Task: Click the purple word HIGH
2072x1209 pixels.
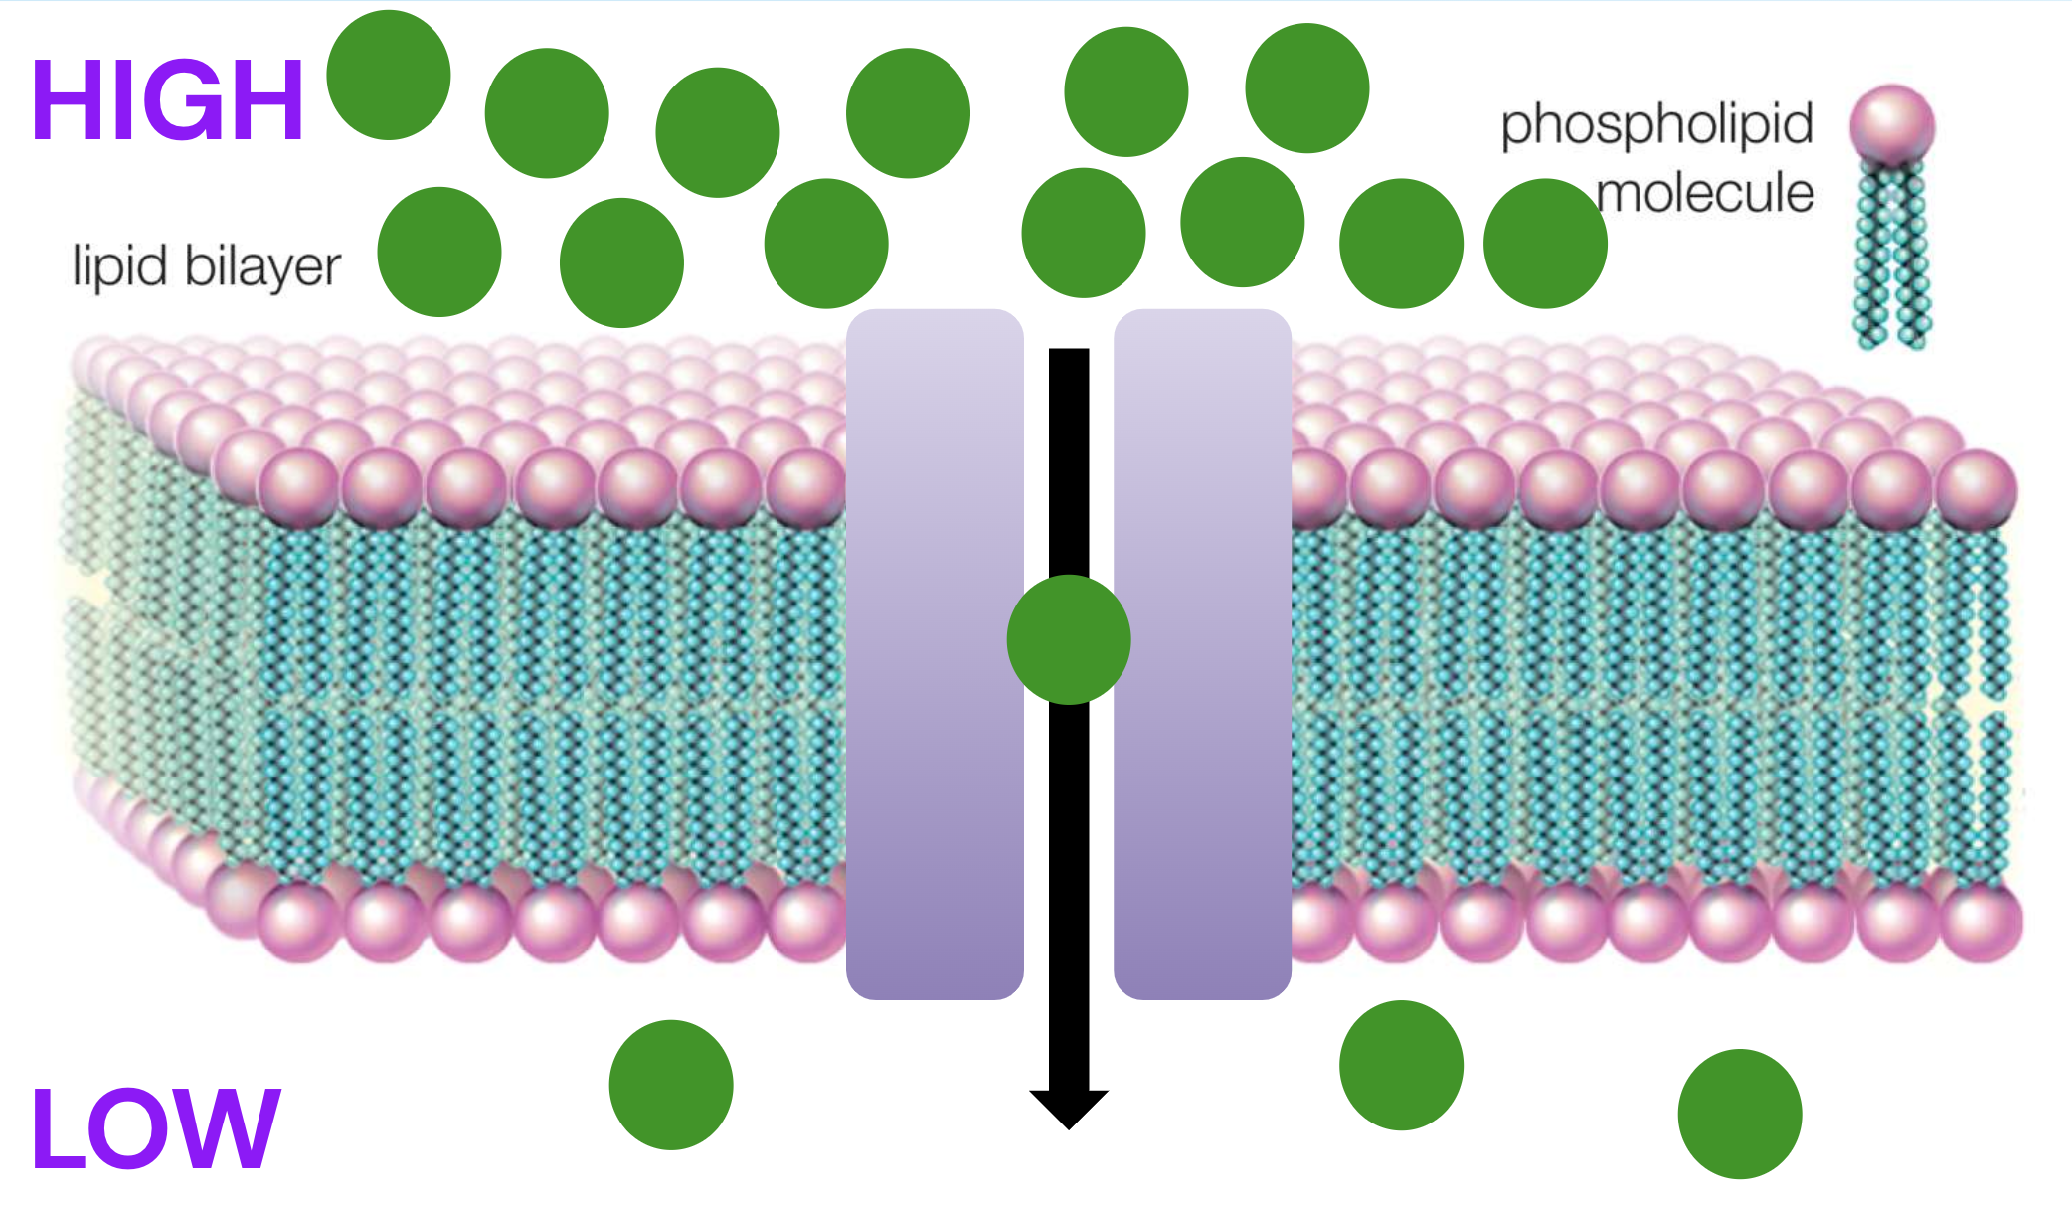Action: tap(167, 99)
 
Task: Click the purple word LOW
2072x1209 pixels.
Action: tap(156, 1127)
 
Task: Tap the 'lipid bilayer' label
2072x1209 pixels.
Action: tap(207, 266)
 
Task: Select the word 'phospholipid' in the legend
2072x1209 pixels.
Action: tap(1657, 126)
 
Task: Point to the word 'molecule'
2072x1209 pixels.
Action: tap(1705, 192)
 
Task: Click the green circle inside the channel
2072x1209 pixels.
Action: tap(1069, 639)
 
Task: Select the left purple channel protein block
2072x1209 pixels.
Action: tap(935, 654)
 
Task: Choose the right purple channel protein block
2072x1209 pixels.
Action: tap(1203, 654)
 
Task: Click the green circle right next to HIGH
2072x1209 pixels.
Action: tap(389, 75)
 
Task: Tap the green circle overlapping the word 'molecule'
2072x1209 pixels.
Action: tap(1545, 244)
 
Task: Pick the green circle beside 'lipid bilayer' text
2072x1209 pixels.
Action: tap(439, 252)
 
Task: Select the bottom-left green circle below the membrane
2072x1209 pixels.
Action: tap(671, 1085)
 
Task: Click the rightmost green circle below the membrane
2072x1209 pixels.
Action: tap(1740, 1114)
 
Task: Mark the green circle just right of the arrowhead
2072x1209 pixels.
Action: tap(1402, 1065)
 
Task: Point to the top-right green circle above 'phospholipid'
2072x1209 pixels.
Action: tap(1307, 87)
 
